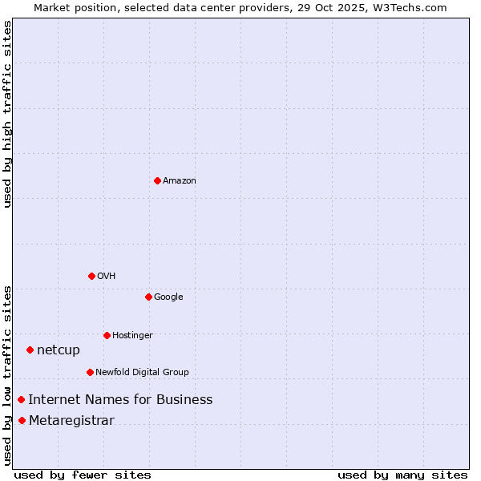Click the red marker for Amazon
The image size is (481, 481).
pos(157,180)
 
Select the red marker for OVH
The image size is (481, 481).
pos(91,276)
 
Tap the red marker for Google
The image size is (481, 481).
pos(148,297)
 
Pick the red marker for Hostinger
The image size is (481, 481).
pos(107,335)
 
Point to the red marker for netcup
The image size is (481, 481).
pos(30,350)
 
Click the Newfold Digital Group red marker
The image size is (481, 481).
pos(90,372)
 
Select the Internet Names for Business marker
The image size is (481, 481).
pos(21,399)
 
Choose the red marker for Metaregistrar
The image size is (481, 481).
pos(22,421)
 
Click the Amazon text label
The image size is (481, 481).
pos(180,181)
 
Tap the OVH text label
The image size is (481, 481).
pos(107,277)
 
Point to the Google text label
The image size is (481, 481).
pos(168,297)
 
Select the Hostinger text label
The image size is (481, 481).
pos(132,336)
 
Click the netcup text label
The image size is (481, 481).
pos(59,350)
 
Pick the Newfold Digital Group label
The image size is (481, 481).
pos(142,373)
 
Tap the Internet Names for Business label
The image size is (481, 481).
pos(120,400)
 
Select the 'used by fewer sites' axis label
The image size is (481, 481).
pos(83,475)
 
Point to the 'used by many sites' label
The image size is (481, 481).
pos(402,475)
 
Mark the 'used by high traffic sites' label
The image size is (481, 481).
pos(7,114)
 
